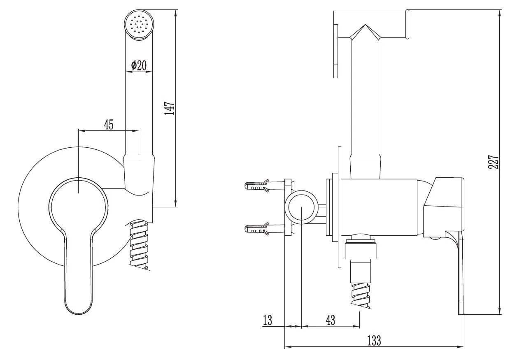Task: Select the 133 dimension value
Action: click(x=374, y=340)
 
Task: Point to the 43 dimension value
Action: click(x=330, y=320)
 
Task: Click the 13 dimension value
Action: click(x=268, y=320)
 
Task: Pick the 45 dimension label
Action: click(x=109, y=124)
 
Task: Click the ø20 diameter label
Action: click(x=139, y=65)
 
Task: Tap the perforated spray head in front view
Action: click(x=139, y=26)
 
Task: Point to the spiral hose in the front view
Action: click(x=139, y=245)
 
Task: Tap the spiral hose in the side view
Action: click(x=362, y=292)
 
